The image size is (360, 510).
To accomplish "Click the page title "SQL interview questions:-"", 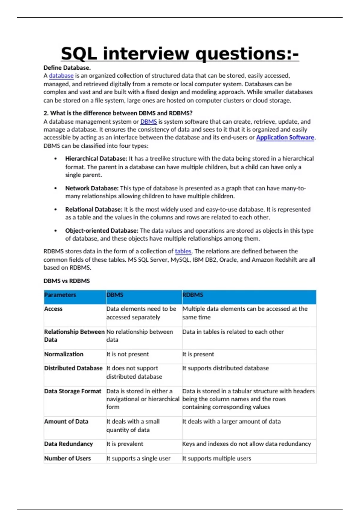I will [x=180, y=54].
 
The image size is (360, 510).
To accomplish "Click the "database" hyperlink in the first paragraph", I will [x=61, y=76].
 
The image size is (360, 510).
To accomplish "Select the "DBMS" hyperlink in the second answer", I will [x=148, y=121].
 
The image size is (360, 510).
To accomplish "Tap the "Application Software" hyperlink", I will [x=285, y=137].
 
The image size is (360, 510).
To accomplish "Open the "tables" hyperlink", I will [x=183, y=251].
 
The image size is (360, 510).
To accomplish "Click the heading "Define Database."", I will [x=67, y=68].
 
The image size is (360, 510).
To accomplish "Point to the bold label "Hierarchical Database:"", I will [x=96, y=158].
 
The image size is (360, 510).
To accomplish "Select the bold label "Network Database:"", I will [x=92, y=188].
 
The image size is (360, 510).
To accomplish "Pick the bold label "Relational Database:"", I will [x=94, y=209].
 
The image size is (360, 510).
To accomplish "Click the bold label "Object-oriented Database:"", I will [x=102, y=230].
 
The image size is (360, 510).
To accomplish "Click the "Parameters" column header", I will [x=60, y=295].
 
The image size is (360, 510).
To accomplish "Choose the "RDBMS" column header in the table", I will [x=193, y=295].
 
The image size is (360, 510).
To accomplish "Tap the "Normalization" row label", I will [x=64, y=354].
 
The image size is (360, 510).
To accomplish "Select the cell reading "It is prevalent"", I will [x=125, y=444].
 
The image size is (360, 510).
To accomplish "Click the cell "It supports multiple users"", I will [x=217, y=458].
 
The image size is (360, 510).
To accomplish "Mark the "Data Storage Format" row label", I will [x=73, y=391].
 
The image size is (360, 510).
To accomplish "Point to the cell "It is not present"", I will [x=127, y=354].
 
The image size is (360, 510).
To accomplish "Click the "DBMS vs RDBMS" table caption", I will [x=67, y=281].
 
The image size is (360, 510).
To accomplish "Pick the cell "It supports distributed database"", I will [x=226, y=368].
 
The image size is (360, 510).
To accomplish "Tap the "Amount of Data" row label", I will [x=66, y=421].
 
